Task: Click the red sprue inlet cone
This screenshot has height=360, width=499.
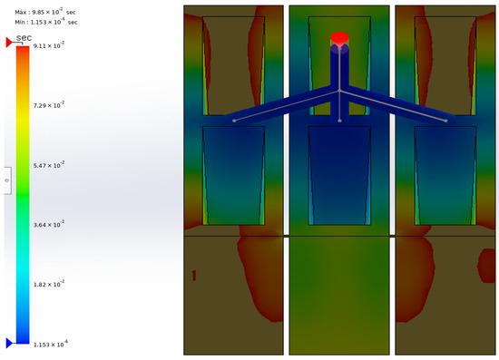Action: tap(339, 39)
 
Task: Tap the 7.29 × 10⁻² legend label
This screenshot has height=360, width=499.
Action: tap(49, 105)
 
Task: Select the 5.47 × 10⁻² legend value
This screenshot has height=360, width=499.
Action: tap(49, 165)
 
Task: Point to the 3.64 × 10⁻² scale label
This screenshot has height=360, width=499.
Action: tap(49, 224)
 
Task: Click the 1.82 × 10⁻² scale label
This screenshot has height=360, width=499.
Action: tap(49, 284)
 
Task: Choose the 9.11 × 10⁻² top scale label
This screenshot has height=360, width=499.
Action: tap(49, 45)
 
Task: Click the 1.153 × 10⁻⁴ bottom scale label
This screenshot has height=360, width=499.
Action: tap(51, 344)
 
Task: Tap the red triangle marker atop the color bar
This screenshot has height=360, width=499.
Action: tap(9, 43)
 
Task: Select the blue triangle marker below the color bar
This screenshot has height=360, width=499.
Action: tap(9, 343)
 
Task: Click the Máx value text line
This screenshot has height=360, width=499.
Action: tap(45, 12)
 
